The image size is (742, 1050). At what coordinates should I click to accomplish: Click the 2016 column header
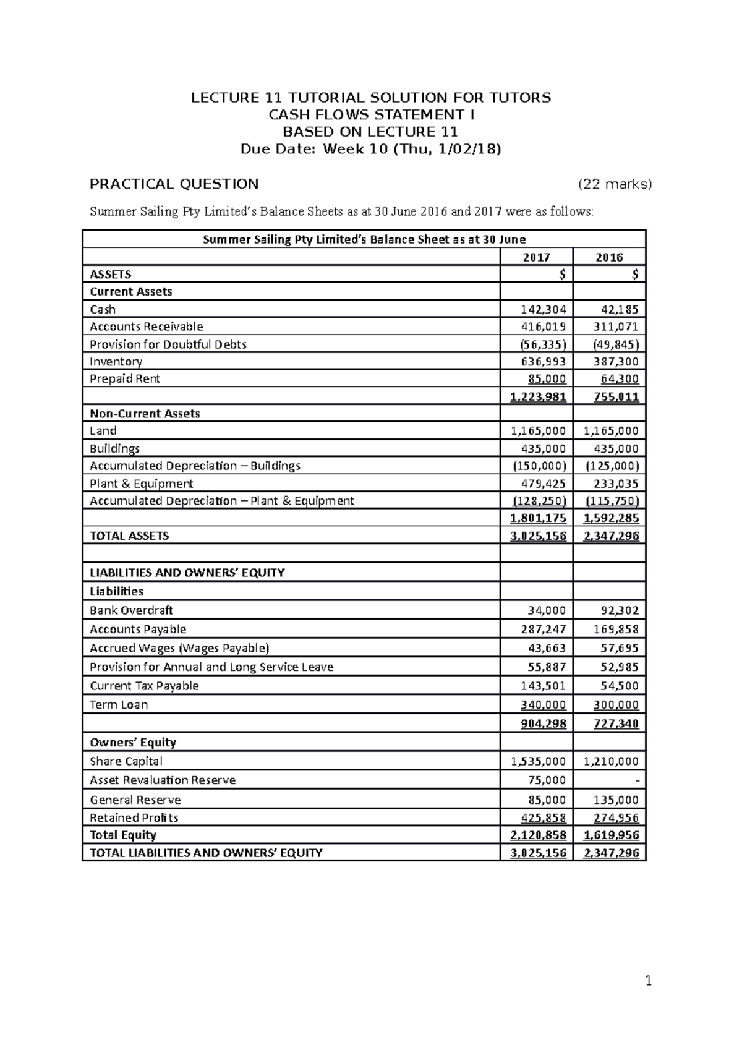pos(609,257)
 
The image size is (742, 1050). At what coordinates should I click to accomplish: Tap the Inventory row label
pos(116,362)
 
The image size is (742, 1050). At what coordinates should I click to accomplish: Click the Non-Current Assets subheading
pos(145,414)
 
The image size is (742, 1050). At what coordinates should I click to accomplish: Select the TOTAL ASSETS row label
pos(129,536)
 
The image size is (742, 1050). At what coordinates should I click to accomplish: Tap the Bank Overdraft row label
pos(131,610)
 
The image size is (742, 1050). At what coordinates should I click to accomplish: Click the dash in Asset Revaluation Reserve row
pos(637,780)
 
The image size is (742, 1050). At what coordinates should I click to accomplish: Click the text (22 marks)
pos(615,184)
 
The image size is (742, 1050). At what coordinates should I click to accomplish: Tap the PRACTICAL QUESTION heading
pos(174,184)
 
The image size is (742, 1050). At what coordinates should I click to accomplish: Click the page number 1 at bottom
pos(648,981)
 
